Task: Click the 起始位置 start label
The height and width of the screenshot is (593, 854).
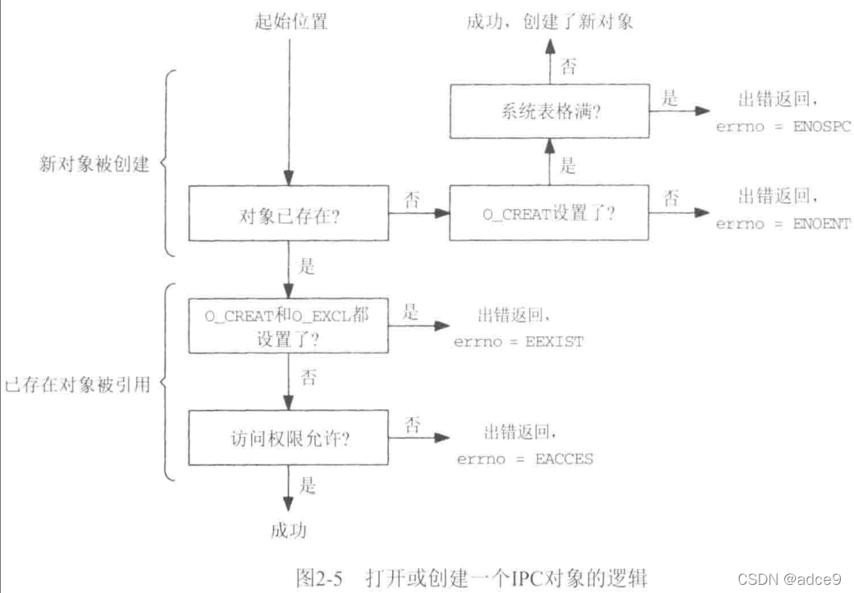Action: tap(291, 22)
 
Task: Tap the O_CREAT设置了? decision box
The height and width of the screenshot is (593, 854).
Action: tap(549, 213)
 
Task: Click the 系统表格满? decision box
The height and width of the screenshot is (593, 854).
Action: tap(549, 113)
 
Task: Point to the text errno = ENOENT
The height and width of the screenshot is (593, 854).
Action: tap(783, 224)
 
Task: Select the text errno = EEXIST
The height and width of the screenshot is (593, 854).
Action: tap(518, 341)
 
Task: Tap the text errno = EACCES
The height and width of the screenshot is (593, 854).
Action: tap(525, 458)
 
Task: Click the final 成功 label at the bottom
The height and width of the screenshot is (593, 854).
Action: tap(288, 531)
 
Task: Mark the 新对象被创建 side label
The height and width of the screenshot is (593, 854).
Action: tap(94, 164)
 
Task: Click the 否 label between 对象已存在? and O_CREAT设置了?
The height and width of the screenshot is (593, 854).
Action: tap(414, 199)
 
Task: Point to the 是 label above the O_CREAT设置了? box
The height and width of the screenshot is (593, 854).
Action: tap(568, 167)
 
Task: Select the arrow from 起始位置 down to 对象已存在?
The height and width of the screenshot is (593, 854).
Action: tap(288, 107)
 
